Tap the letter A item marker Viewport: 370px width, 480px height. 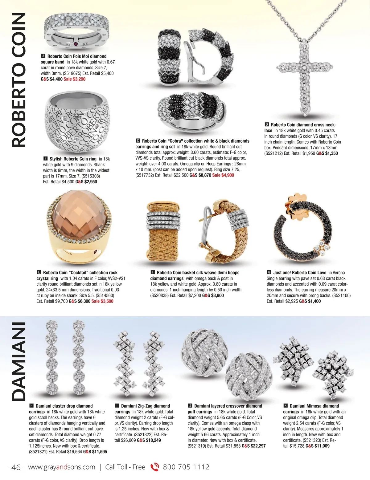point(43,56)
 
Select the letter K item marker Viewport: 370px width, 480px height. point(286,406)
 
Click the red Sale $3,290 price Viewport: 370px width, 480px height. point(74,79)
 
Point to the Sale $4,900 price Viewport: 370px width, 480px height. point(223,175)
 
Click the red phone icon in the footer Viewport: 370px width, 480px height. point(154,467)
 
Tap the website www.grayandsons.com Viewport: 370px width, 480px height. point(62,467)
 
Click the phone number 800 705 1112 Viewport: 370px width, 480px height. point(186,467)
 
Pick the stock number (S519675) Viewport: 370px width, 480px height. point(72,74)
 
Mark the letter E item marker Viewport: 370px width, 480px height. point(39,273)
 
